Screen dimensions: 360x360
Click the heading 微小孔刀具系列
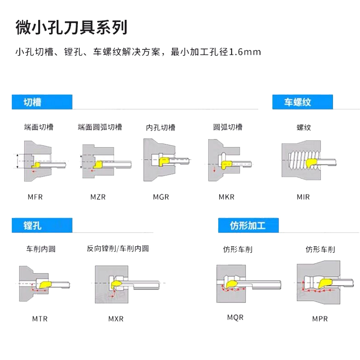click(71, 27)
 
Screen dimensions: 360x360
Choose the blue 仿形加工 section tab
click(248, 225)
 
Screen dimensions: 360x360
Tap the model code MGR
click(161, 197)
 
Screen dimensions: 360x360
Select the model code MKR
click(226, 197)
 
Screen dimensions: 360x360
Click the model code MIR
click(303, 197)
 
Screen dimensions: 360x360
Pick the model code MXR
click(116, 319)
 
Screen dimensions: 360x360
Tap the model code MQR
click(235, 317)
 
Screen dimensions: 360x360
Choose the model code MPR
click(320, 319)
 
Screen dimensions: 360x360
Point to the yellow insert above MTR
click(45, 284)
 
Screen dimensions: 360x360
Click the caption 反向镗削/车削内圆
click(118, 248)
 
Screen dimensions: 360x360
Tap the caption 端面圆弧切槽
click(100, 127)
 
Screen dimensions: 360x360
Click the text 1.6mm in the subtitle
click(245, 52)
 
